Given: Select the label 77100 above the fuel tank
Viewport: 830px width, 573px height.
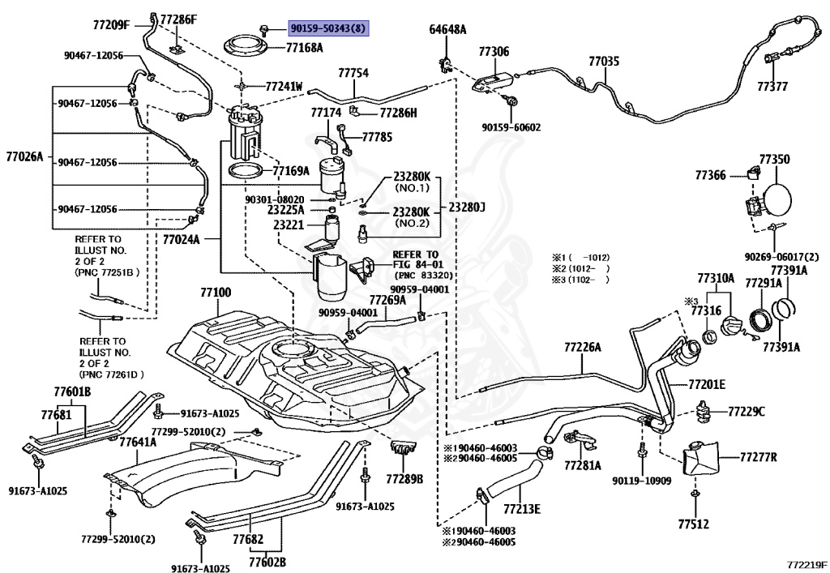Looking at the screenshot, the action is point(216,293).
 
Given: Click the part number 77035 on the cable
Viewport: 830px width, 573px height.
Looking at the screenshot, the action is point(604,62).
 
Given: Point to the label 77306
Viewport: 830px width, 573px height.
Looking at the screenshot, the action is point(494,51).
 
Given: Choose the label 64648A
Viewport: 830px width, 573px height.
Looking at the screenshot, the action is point(447,30).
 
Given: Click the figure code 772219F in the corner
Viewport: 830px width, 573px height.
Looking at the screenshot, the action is point(806,565).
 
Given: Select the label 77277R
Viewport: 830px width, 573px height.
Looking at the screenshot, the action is point(758,456).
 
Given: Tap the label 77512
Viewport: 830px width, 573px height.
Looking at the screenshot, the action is point(694,524).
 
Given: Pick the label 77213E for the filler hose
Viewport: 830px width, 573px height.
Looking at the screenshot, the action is point(522,509).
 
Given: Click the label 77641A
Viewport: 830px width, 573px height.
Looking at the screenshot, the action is point(138,441).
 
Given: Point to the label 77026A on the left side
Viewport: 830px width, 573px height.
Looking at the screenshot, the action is point(25,156).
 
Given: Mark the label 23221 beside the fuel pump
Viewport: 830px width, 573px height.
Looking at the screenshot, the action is point(289,224).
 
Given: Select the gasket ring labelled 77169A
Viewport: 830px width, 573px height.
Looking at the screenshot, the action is point(246,171).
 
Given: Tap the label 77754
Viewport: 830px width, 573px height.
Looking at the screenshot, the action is point(353,73).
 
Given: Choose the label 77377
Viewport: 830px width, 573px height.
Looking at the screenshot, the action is point(772,86).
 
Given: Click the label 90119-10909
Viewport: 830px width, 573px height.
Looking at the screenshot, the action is point(642,481).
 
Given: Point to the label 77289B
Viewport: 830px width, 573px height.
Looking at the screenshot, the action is point(404,479).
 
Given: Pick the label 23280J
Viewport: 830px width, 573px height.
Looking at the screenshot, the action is point(466,207).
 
